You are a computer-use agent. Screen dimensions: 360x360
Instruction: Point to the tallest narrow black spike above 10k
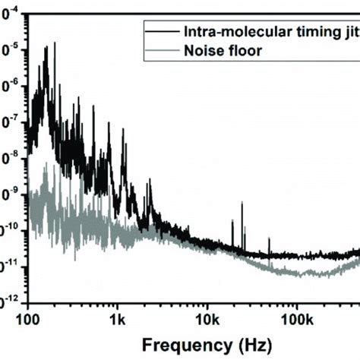(x=242, y=204)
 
